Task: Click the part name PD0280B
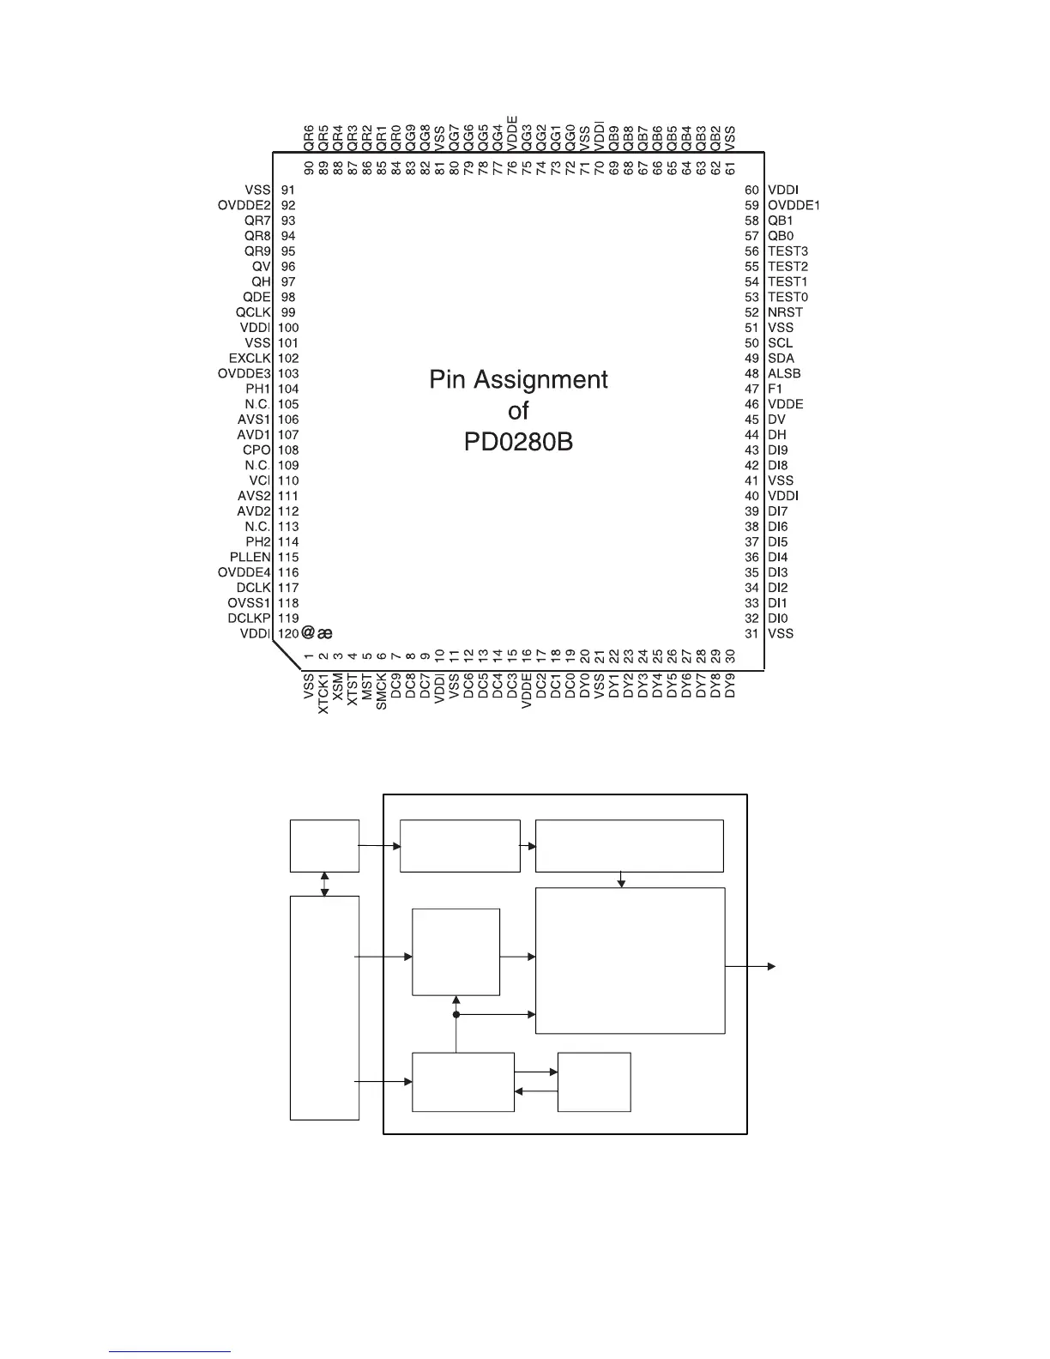517,442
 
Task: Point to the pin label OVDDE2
244,206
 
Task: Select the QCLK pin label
253,312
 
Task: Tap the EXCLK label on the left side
250,358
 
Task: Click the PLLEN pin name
250,557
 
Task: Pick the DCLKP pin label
250,618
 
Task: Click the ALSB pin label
784,373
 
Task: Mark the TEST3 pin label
787,251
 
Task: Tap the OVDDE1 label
794,206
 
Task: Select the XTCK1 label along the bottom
323,693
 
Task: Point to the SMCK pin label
382,691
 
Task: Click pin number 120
288,633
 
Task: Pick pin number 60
752,190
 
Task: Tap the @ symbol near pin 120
309,633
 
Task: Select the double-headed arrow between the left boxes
324,884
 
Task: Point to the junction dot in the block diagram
456,1015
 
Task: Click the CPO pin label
256,450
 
